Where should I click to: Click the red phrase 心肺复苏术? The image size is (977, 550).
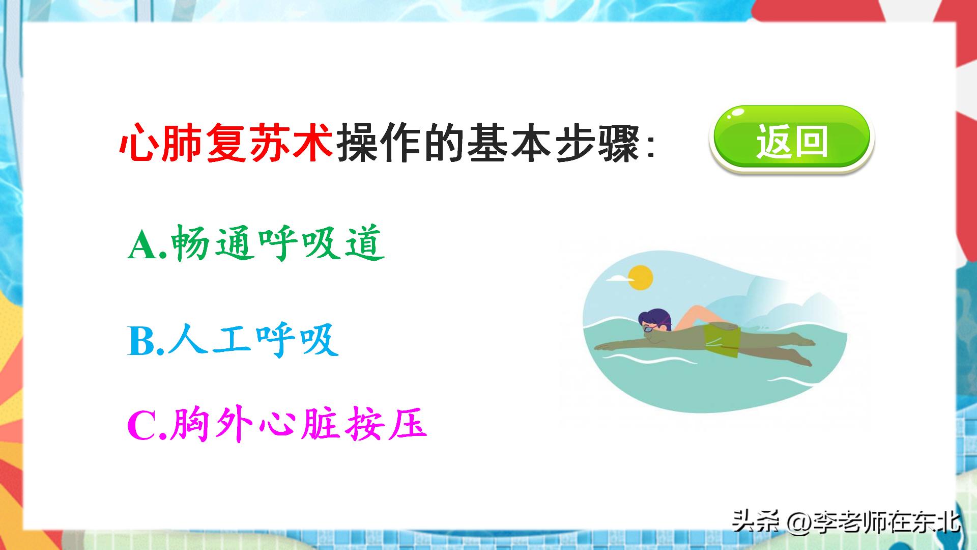226,142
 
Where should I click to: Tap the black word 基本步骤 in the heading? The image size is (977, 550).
554,143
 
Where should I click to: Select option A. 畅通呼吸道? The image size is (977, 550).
256,243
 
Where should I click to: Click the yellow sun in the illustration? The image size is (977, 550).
640,278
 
